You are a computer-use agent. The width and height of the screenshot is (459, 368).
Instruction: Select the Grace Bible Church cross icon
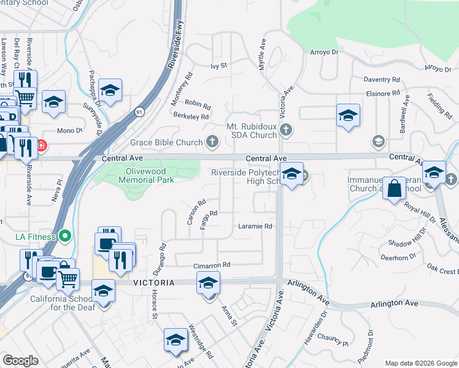point(212,142)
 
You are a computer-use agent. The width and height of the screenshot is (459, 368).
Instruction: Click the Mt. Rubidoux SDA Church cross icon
point(286,129)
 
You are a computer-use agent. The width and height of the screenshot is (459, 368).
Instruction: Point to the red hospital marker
point(41,146)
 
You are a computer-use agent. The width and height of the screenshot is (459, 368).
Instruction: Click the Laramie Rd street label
point(255,226)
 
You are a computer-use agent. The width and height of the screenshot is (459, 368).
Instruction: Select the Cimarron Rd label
point(212,265)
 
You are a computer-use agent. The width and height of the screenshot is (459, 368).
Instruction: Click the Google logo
point(20,361)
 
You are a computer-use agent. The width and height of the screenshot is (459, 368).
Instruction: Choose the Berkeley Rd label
point(191,117)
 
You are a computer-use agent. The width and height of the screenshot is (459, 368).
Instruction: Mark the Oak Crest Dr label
point(442,270)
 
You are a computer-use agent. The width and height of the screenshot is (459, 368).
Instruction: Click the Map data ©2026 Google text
point(420,363)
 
